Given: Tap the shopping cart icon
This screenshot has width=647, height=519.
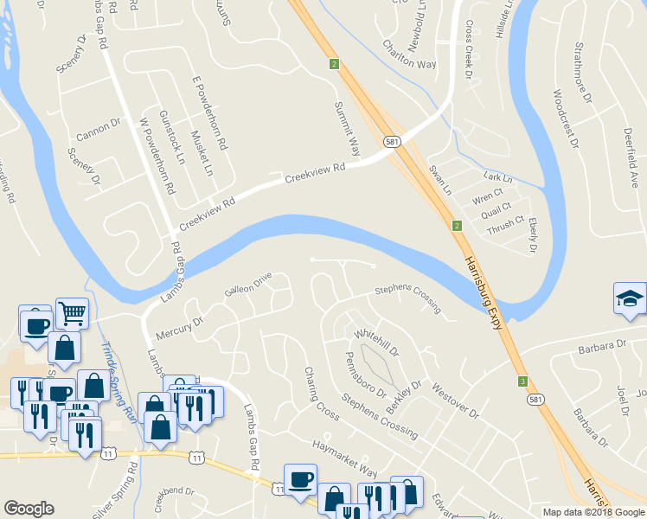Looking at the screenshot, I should click(72, 312).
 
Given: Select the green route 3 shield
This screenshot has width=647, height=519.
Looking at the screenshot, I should click(522, 381).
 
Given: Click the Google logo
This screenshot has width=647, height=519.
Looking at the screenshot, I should click(29, 509).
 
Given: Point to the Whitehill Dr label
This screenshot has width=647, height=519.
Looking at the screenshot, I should click(375, 343).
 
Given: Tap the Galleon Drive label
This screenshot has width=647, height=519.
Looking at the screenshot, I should click(248, 285).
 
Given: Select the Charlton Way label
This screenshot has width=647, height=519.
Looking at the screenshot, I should click(409, 54).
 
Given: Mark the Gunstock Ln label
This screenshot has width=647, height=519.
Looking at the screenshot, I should click(172, 138).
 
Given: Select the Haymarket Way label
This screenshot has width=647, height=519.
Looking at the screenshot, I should click(344, 458).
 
